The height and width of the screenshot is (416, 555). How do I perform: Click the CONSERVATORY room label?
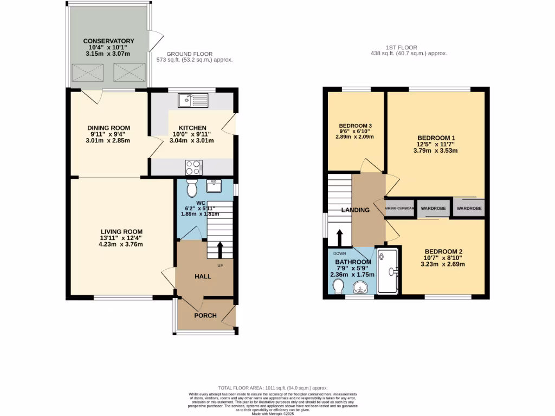pos(108,41)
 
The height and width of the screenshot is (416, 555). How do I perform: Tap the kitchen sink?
pos(193,100)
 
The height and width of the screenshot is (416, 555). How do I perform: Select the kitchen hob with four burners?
pos(193,167)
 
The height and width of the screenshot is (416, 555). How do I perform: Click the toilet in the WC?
pos(191,188)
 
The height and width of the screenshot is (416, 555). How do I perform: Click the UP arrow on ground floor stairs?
pos(220,250)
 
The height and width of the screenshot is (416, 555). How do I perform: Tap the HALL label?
pos(203,276)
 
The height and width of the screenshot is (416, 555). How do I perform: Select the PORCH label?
pos(205,316)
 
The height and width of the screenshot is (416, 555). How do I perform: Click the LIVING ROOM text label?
pos(121,232)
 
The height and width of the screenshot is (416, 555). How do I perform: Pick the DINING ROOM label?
pos(109,128)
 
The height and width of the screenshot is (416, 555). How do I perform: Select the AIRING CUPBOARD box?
pos(399,208)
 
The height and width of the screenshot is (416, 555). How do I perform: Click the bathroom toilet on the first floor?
pos(338,285)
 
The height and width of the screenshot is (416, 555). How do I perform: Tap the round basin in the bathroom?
pos(360,287)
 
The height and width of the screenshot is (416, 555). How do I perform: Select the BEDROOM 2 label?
pos(443,251)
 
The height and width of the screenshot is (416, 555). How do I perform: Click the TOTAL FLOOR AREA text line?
pos(273,388)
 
